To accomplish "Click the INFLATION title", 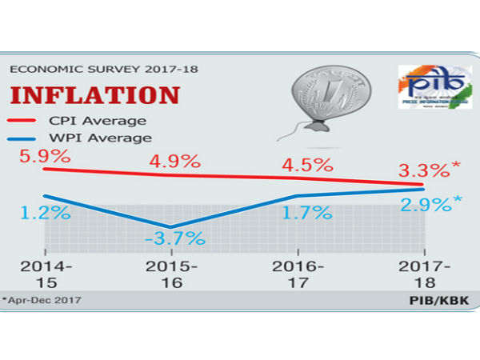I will pos(94,94).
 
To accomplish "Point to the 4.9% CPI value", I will pos(175,162).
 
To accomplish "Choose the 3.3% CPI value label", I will pos(426,170).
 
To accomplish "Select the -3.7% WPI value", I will pos(174,238).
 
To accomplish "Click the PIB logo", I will pos(431,90).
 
